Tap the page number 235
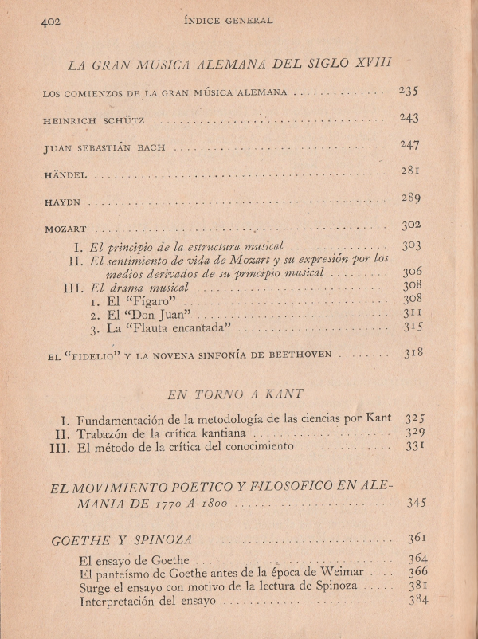pos(409,91)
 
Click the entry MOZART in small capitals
pos(65,229)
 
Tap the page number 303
pos(411,246)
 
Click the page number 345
pos(415,503)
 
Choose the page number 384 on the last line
pos(417,600)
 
